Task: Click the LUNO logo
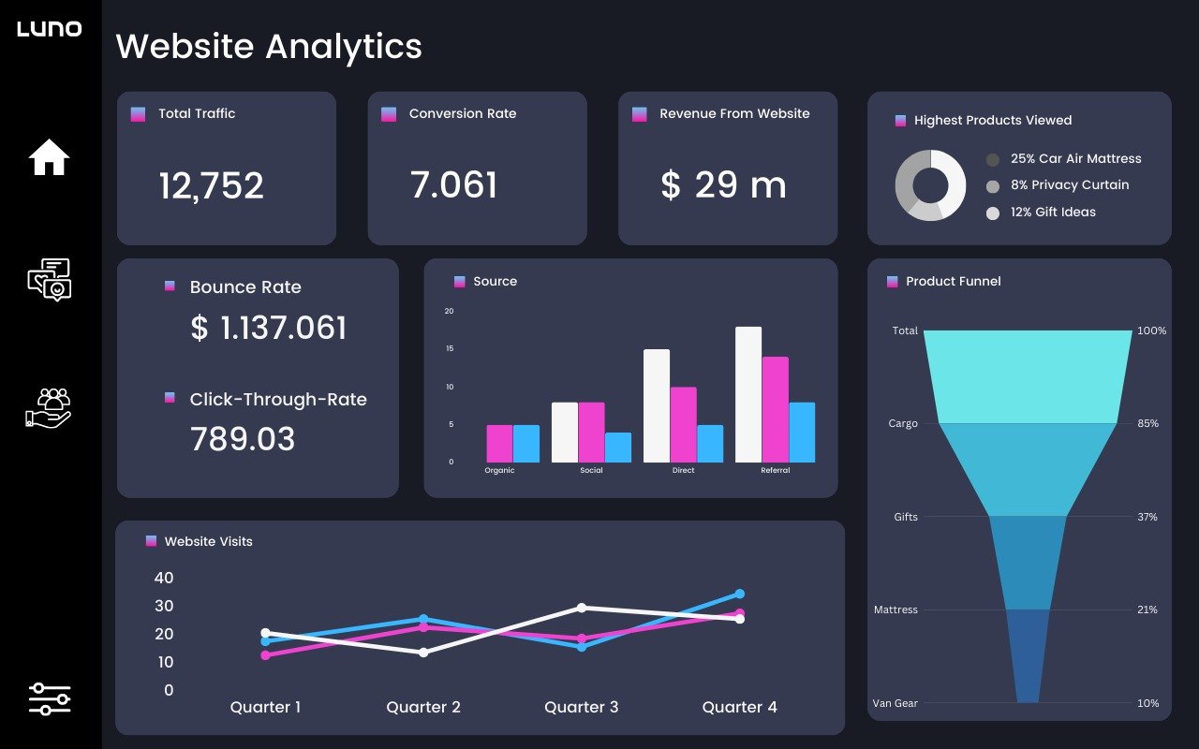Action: [50, 29]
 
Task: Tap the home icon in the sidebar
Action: [50, 157]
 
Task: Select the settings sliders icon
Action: [50, 698]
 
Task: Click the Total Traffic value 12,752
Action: [211, 185]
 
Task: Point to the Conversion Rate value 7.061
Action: [453, 185]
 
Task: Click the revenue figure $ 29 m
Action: [723, 185]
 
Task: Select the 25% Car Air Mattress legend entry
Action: [1075, 159]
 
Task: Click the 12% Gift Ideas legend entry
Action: [1053, 213]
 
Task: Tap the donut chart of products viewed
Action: [930, 185]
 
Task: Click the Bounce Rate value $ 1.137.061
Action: [268, 328]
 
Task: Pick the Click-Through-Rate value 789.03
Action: [243, 439]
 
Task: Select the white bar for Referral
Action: [748, 394]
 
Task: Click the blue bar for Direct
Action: [710, 444]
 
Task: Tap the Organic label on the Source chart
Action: [499, 470]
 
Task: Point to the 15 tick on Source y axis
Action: [450, 348]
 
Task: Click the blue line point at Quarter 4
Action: [740, 594]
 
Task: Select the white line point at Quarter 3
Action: [582, 608]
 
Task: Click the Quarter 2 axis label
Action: [423, 707]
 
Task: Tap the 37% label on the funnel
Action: [1147, 517]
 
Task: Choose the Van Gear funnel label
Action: [896, 703]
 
